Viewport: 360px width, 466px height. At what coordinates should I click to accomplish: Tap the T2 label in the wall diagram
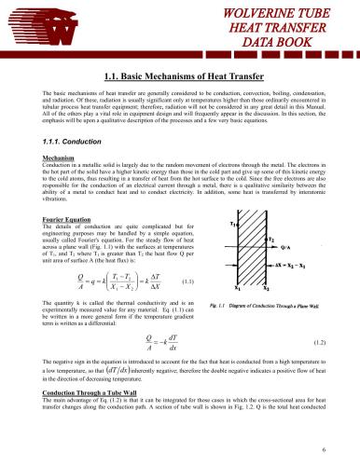coord(270,239)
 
